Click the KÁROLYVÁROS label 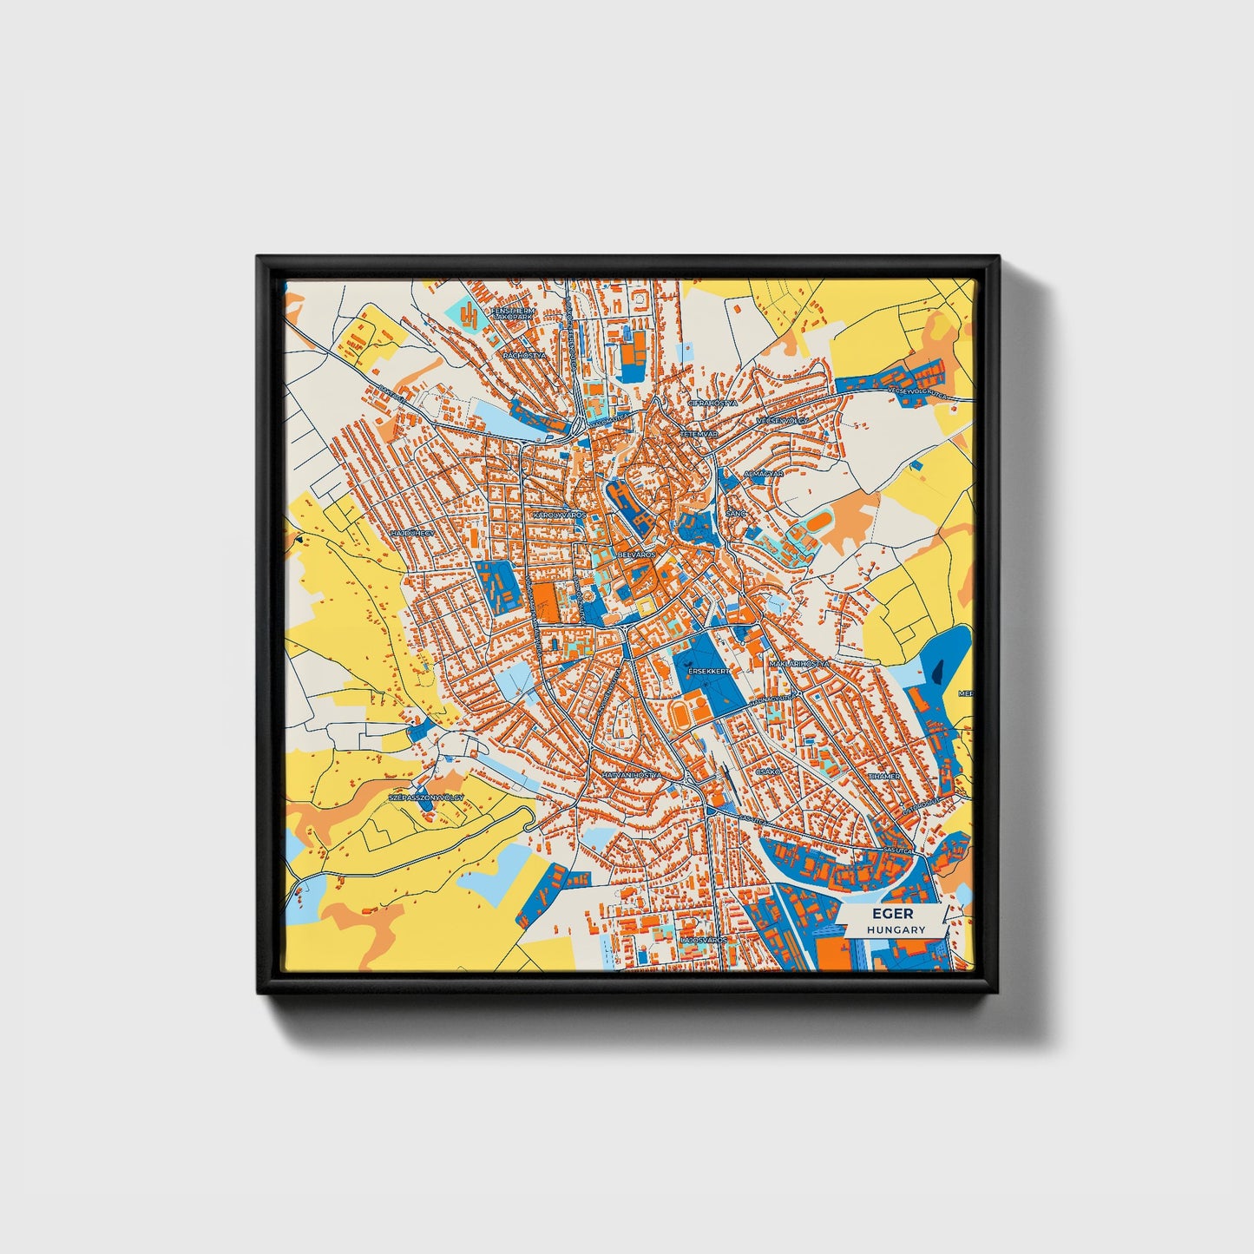coord(559,515)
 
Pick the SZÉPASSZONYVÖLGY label coord(425,796)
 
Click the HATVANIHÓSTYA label coord(631,775)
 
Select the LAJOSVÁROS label coord(704,940)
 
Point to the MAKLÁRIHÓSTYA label coord(798,663)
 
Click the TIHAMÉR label coord(883,776)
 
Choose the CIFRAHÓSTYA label coord(712,404)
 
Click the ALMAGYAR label coord(764,474)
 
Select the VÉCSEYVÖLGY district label coord(782,420)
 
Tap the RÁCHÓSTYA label coord(524,356)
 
